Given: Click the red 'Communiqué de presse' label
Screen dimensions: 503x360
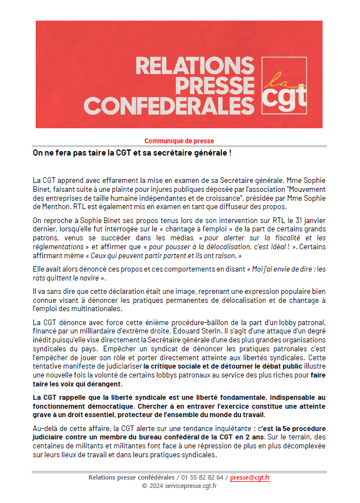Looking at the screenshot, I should pyautogui.click(x=179, y=141).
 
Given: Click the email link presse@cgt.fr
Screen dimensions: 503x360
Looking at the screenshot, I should pyautogui.click(x=250, y=477).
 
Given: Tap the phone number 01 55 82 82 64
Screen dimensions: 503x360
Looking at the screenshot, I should pyautogui.click(x=204, y=477).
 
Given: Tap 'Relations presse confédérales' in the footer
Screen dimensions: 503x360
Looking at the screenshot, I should pyautogui.click(x=131, y=477).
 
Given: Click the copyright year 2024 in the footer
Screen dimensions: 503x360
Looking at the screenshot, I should pyautogui.click(x=156, y=486).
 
